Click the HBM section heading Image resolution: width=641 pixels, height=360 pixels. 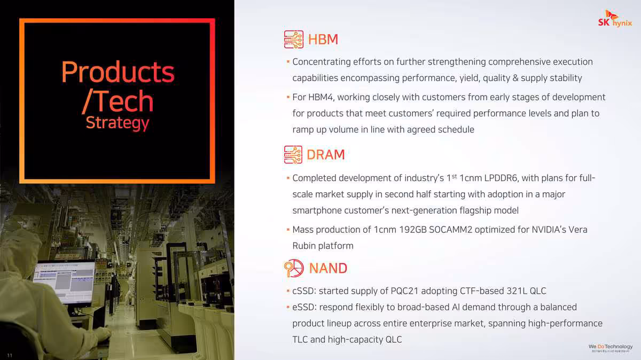[x=323, y=39]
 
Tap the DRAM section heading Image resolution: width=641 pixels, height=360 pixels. [x=325, y=154]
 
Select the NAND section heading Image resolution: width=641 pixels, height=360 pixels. [x=328, y=268]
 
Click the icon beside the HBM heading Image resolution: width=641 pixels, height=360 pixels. [x=293, y=39]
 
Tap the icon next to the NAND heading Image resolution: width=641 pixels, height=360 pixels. [x=294, y=268]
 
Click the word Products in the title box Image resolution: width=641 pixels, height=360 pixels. [x=118, y=72]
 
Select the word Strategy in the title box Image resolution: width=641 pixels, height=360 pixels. [x=118, y=122]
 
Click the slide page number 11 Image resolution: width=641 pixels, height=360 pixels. [x=10, y=355]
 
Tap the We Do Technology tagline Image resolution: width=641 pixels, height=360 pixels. [x=611, y=347]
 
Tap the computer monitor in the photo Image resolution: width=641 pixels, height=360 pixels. [x=64, y=280]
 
